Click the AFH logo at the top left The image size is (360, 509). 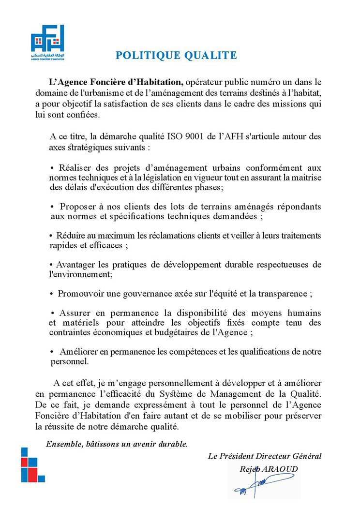(x=47, y=42)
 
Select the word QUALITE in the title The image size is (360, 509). (x=210, y=55)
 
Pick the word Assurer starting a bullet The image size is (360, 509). (x=75, y=313)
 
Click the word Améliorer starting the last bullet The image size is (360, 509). (x=79, y=352)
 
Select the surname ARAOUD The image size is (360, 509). (x=281, y=469)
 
